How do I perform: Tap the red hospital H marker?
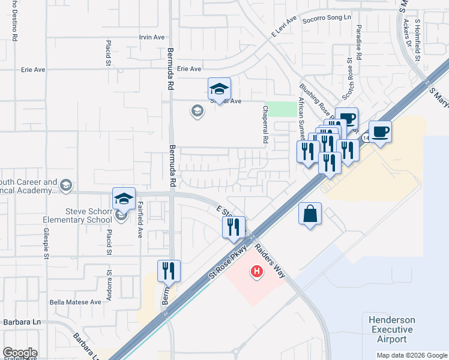coord(257,272)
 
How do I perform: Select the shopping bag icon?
coord(310,214)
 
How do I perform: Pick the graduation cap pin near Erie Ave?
coord(219,89)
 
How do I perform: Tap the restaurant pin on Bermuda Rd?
coord(169,271)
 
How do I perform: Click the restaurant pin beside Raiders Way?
coord(234,227)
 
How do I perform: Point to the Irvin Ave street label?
coord(151,37)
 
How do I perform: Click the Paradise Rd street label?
coord(358,43)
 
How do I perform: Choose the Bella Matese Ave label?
coord(76,302)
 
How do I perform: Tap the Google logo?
coord(20,353)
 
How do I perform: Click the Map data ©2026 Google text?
coord(411,355)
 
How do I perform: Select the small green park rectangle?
coord(281,109)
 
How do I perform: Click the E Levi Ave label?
coord(284,28)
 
